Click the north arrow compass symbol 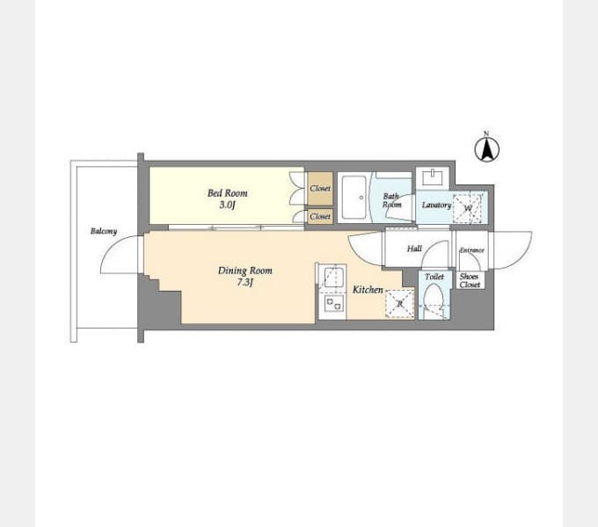coord(486,148)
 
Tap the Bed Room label coord(227,193)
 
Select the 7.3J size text coord(245,283)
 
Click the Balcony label coord(104,231)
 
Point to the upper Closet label coord(320,188)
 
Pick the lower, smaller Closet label coord(320,216)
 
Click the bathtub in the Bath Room coord(354,198)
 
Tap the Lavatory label coord(437,205)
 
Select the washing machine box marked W coord(468,208)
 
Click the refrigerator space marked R coord(399,304)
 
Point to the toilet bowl coord(434,298)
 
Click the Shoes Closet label coord(470,281)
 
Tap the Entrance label coord(471,250)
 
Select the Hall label coord(414,249)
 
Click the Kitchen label coord(368,290)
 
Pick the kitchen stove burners coord(333,304)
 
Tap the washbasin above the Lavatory coord(433,177)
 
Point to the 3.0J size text coord(227,206)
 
